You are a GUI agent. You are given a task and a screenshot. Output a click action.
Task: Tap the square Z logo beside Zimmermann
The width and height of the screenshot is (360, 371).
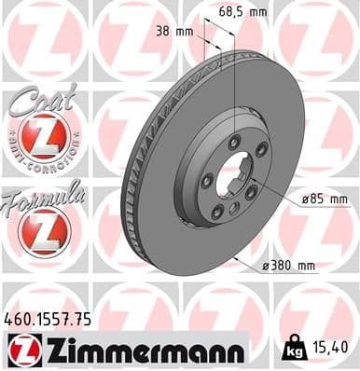tap(21, 350)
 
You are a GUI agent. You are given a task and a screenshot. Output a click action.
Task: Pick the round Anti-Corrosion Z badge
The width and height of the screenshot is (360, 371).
tap(47, 138)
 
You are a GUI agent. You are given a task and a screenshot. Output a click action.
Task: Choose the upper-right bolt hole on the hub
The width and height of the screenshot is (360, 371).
tap(261, 150)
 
